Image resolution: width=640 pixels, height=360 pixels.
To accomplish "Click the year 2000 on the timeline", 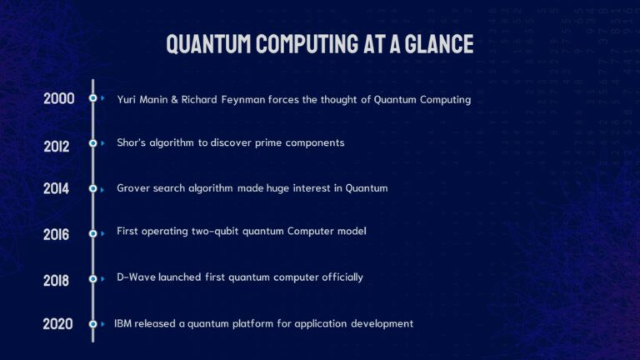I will (x=59, y=98).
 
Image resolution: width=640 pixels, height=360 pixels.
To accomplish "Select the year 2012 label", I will (x=57, y=146).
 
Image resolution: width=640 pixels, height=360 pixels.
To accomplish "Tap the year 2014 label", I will (x=57, y=188).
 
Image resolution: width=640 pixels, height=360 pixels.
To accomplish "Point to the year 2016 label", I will (x=57, y=234).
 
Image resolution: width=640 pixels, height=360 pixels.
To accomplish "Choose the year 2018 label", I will (x=57, y=280).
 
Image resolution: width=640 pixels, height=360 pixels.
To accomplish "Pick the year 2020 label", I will (x=58, y=323).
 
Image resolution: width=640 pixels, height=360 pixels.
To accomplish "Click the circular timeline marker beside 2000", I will (x=93, y=98).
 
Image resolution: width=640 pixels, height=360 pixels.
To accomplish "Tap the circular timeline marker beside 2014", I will (x=93, y=188).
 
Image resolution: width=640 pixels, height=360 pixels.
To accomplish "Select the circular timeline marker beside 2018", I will (x=93, y=279).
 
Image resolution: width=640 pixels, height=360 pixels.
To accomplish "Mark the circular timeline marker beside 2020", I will (x=93, y=323).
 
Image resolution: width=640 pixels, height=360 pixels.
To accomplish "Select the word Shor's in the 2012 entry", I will (x=133, y=142).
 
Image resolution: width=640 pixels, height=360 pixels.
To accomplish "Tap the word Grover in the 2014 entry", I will (x=135, y=188).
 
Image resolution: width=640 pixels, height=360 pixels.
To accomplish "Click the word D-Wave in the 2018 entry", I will (x=136, y=277).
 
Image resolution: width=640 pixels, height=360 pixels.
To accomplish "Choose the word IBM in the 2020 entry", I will (x=123, y=323).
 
